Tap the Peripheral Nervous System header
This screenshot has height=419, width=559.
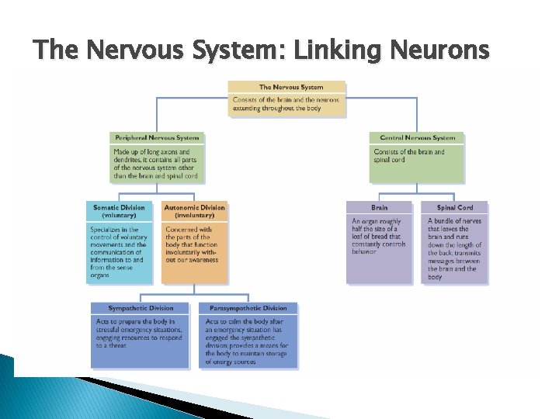[x=156, y=138]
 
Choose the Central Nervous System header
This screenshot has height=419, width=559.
[x=417, y=138]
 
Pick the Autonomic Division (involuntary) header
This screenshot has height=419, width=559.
[x=194, y=211]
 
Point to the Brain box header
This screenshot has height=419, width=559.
[x=380, y=208]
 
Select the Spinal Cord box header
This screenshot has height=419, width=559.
[x=455, y=208]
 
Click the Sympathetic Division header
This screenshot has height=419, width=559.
[x=141, y=308]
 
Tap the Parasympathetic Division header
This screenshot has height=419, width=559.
[x=247, y=308]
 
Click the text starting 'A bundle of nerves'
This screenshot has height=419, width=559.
[x=455, y=248]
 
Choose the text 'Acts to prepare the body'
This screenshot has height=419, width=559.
[x=140, y=333]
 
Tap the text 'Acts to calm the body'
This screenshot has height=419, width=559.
[x=247, y=341]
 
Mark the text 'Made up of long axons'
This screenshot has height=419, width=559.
[x=155, y=164]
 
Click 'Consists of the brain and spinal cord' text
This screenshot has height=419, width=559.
[x=410, y=156]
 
